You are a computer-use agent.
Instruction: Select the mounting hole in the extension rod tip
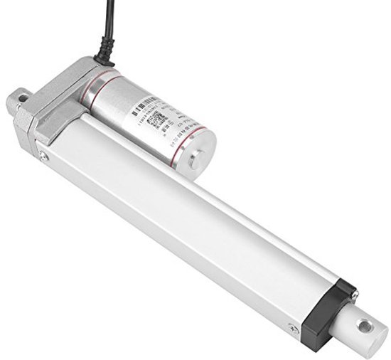point(365,327)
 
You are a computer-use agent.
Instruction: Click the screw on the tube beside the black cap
point(293,329)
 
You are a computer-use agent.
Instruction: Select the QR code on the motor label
point(159,117)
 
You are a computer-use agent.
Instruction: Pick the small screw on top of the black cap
point(353,292)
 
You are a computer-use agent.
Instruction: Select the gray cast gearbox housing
point(60,100)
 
